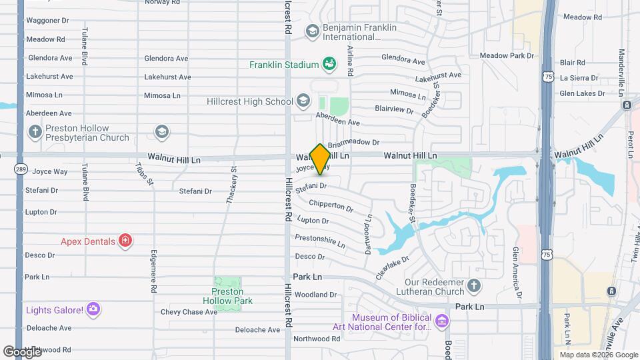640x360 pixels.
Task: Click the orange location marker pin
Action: pyautogui.click(x=320, y=159)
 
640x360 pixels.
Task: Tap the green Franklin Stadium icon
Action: pyautogui.click(x=329, y=64)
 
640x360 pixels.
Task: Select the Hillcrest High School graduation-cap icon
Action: pyautogui.click(x=303, y=101)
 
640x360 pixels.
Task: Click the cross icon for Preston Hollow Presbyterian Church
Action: pyautogui.click(x=35, y=132)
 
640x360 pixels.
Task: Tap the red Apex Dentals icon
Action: pyautogui.click(x=125, y=241)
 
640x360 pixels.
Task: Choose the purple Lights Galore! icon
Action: pyautogui.click(x=93, y=309)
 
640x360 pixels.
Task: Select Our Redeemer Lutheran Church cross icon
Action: pyautogui.click(x=473, y=286)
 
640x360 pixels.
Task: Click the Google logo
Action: pyautogui.click(x=23, y=351)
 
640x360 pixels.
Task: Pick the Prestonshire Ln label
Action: pyautogui.click(x=320, y=241)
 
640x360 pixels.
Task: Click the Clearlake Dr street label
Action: pyautogui.click(x=391, y=265)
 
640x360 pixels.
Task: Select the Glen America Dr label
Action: pyautogui.click(x=516, y=263)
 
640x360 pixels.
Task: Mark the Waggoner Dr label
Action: pyautogui.click(x=47, y=21)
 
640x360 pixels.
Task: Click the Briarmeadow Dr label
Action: pyautogui.click(x=353, y=142)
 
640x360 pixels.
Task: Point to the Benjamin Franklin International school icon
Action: pyautogui.click(x=312, y=31)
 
